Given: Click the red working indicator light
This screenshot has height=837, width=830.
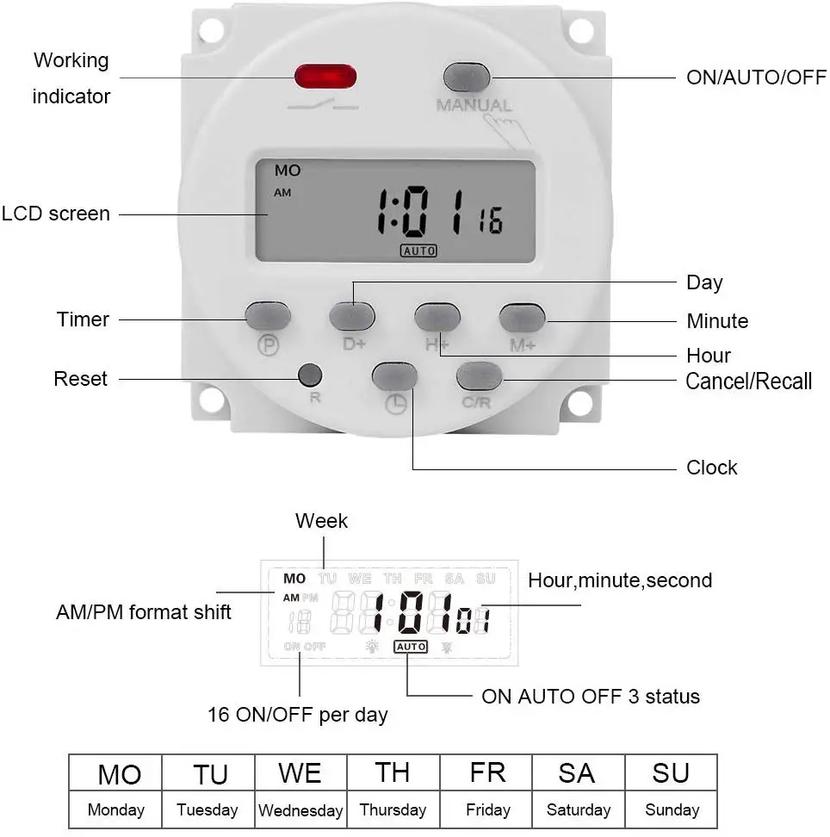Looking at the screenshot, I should [325, 77].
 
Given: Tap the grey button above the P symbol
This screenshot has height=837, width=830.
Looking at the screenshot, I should [268, 316].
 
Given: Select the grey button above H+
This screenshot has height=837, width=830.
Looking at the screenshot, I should [437, 317].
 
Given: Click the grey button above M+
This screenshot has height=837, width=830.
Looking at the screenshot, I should [523, 318].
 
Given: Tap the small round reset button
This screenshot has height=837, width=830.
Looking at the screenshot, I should [310, 375].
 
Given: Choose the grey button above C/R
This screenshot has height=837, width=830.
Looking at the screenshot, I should [480, 376].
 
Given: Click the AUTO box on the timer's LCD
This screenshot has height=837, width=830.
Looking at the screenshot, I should [418, 251].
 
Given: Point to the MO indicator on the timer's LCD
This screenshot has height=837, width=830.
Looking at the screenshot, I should [288, 170].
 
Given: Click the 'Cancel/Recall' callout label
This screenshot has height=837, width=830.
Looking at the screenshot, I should [748, 381].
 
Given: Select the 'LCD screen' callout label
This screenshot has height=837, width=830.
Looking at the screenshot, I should [56, 214].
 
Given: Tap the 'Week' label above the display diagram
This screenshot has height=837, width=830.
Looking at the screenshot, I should [321, 520].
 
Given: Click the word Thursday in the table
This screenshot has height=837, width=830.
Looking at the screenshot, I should [393, 810].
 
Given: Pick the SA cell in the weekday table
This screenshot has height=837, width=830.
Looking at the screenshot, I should [577, 773].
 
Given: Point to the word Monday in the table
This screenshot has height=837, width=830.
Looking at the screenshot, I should [116, 810].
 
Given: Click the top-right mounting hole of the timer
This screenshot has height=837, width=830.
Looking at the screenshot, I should [581, 31].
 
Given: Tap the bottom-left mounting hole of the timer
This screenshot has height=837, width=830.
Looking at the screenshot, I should [211, 400].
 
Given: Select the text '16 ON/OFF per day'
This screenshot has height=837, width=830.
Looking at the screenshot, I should [298, 715].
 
